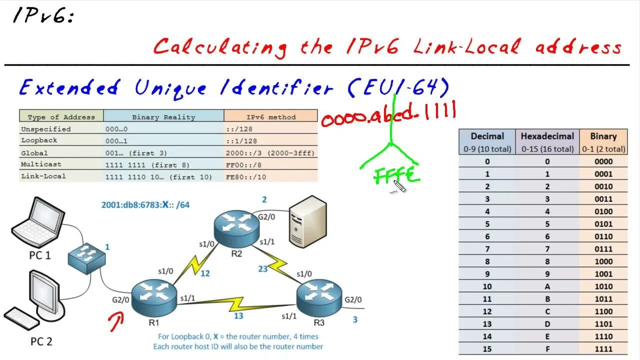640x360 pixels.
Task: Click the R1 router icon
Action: click(154, 297)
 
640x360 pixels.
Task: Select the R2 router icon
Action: click(237, 227)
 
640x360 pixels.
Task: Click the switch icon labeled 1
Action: click(87, 257)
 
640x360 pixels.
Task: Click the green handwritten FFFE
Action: click(395, 175)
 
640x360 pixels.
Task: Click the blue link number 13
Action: click(238, 315)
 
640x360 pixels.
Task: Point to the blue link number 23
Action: click(263, 268)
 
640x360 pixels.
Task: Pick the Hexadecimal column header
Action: click(547, 141)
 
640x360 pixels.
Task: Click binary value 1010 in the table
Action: click(603, 286)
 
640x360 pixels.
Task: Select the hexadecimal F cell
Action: click(547, 349)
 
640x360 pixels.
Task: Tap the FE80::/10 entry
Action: click(246, 176)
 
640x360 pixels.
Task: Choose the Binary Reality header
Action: click(163, 117)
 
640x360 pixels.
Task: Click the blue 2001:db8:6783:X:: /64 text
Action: click(145, 204)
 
